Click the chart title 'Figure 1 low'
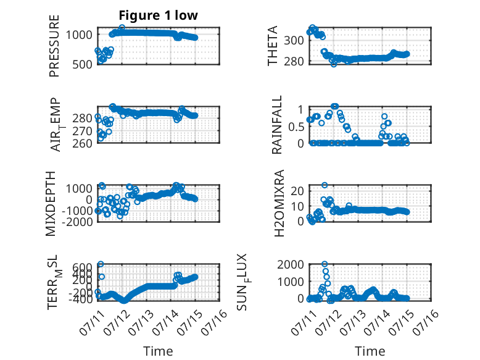pyautogui.click(x=159, y=15)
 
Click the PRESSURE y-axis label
pyautogui.click(x=54, y=46)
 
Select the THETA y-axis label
pyautogui.click(x=272, y=45)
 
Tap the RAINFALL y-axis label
pyautogui.click(x=276, y=125)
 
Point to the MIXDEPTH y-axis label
pyautogui.click(x=51, y=204)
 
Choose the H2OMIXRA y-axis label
pyautogui.click(x=279, y=203)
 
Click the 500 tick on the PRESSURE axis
pyautogui.click(x=82, y=65)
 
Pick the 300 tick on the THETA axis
pyautogui.click(x=294, y=40)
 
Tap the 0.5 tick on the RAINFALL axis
pyautogui.click(x=296, y=127)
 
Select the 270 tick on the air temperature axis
pyautogui.click(x=82, y=131)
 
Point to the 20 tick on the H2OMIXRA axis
pyautogui.click(x=297, y=191)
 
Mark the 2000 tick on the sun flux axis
pyautogui.click(x=291, y=264)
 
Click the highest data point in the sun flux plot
pyautogui.click(x=325, y=264)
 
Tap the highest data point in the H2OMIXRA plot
pyautogui.click(x=325, y=185)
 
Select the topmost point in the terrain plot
pyautogui.click(x=101, y=264)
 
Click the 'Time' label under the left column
pyautogui.click(x=158, y=351)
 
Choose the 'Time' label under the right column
pyautogui.click(x=370, y=351)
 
